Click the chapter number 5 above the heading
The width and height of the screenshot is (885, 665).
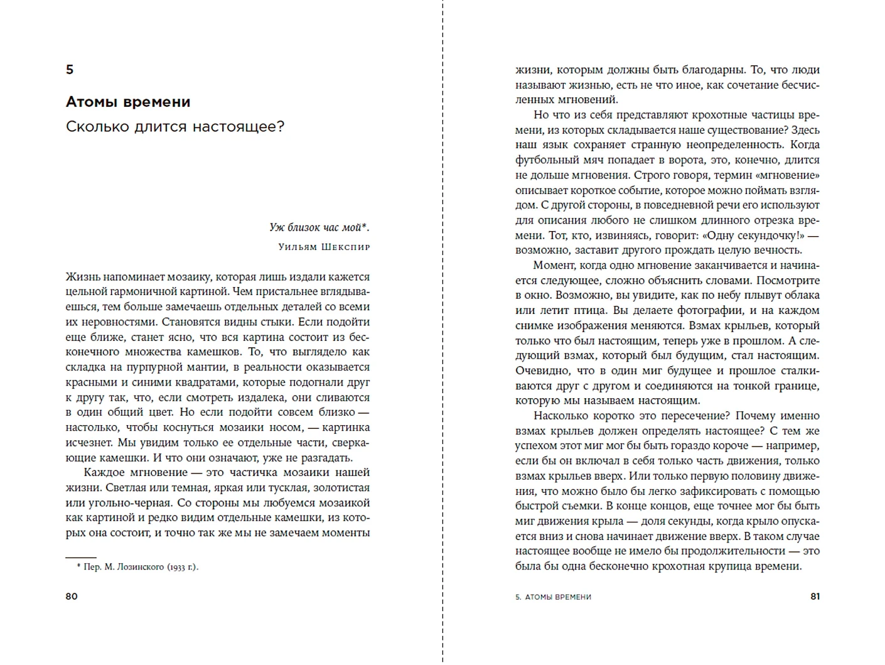click(70, 70)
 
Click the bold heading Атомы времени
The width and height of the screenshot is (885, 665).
click(128, 102)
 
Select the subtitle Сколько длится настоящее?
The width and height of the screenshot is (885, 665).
click(175, 126)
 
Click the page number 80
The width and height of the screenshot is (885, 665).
click(72, 596)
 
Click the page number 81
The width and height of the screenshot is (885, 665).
click(815, 596)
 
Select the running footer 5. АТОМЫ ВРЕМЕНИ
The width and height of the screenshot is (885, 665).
click(553, 597)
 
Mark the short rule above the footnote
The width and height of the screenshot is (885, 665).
click(81, 557)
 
